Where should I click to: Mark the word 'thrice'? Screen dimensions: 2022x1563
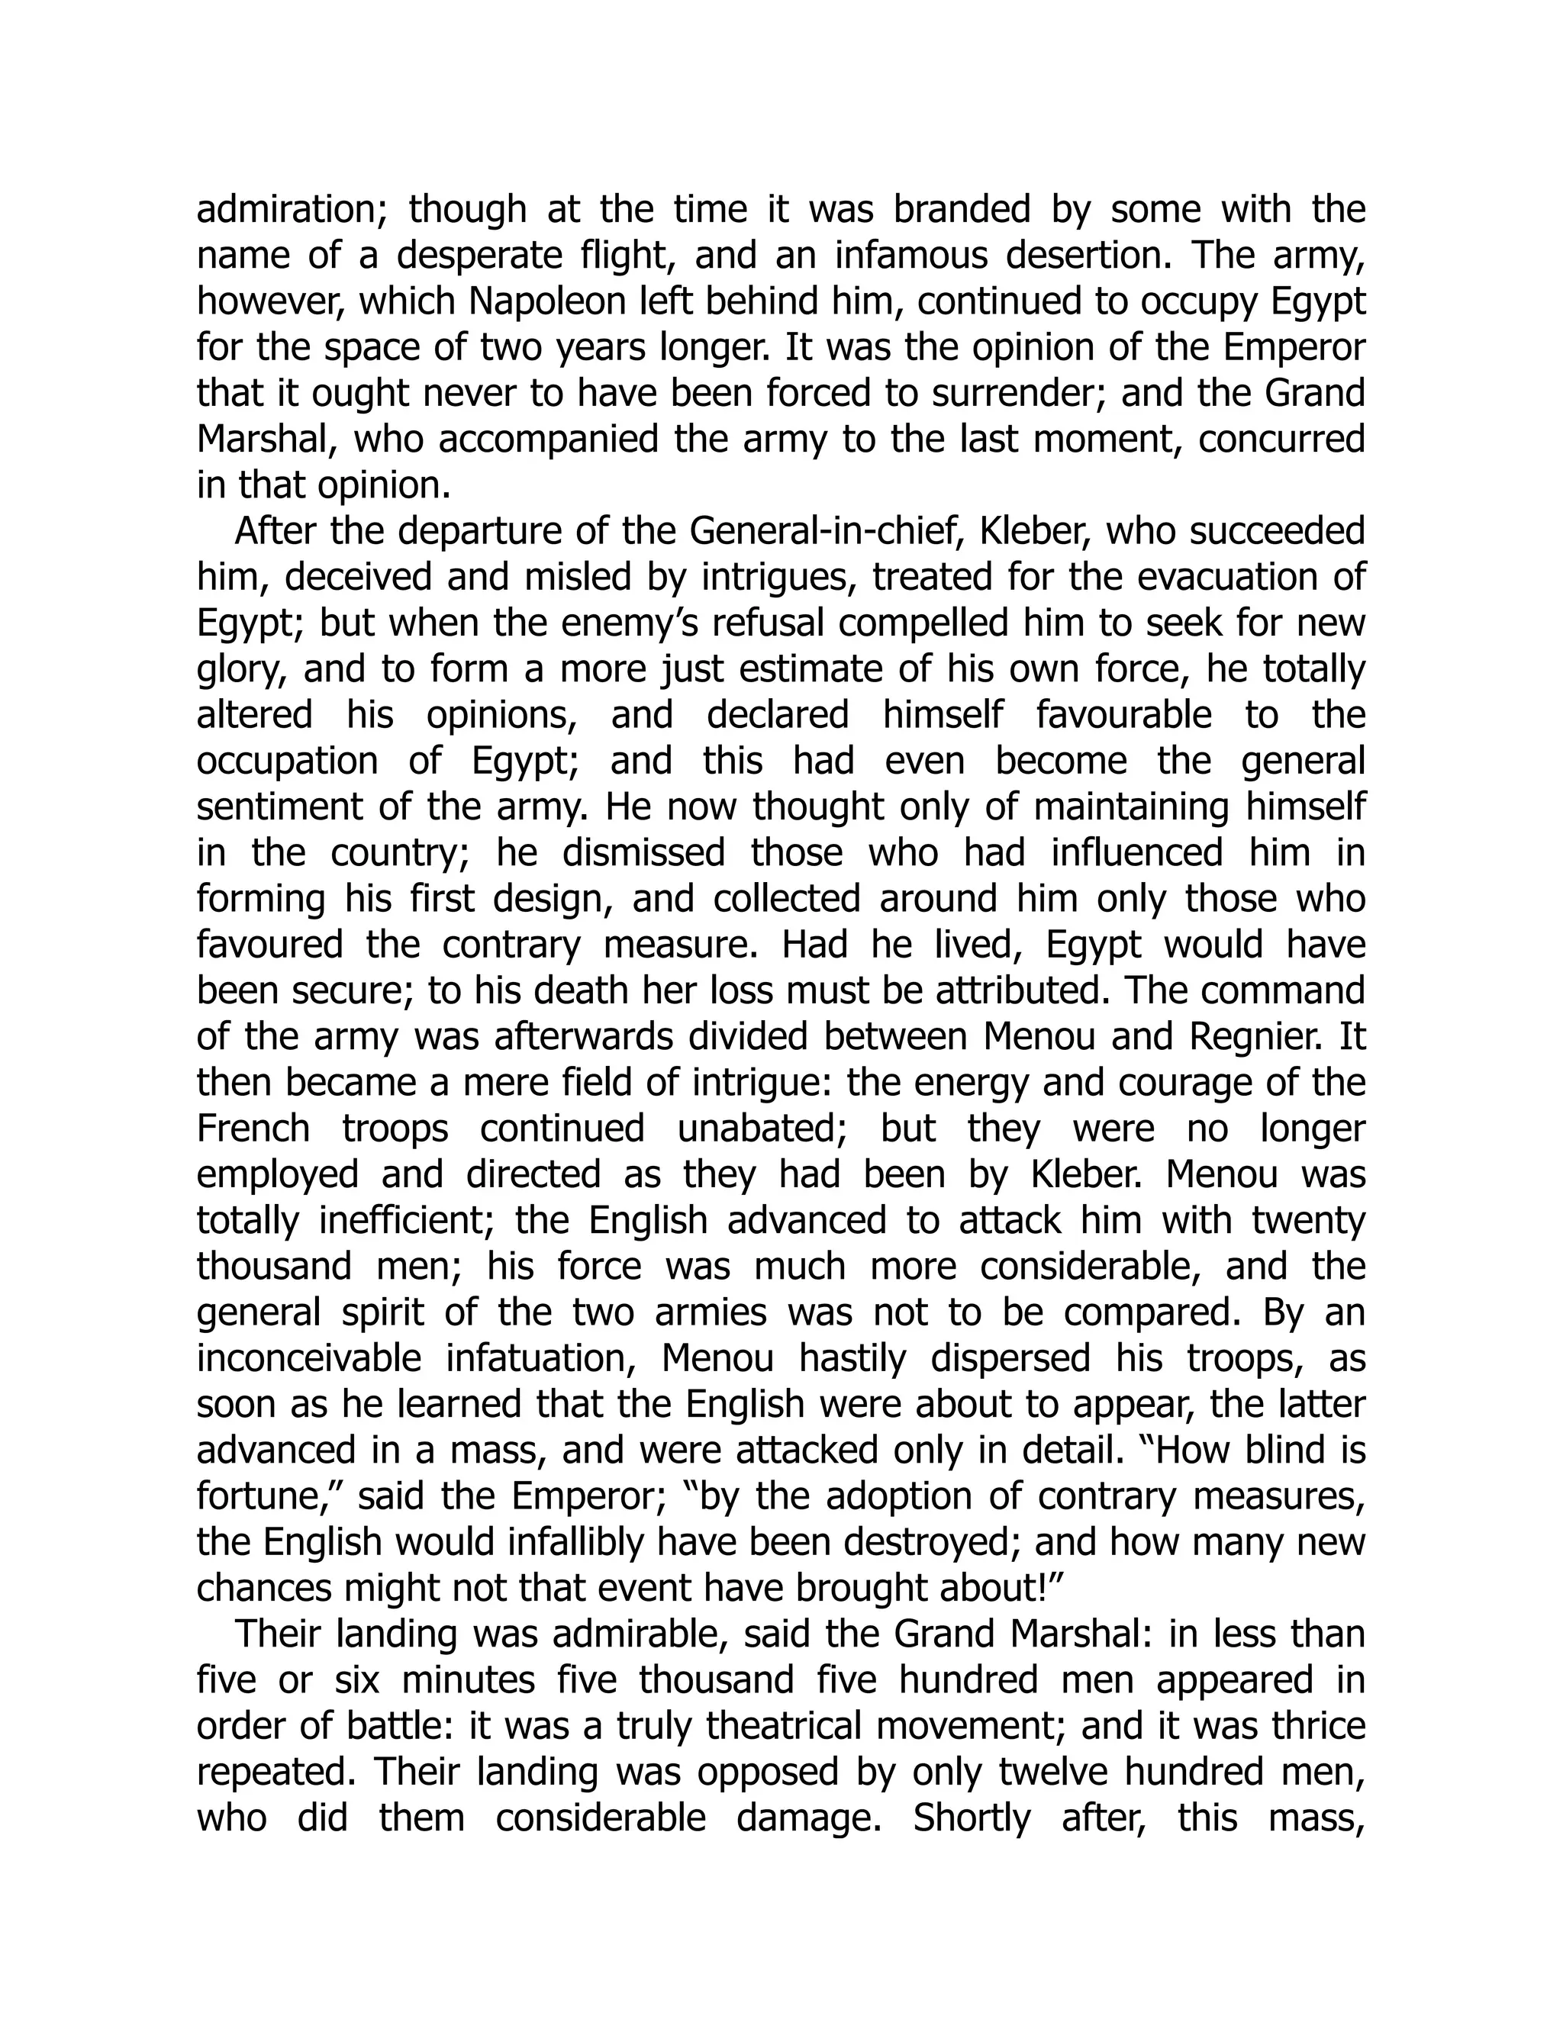(x=1319, y=1726)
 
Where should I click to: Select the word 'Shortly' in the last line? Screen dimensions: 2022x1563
(x=972, y=1818)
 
